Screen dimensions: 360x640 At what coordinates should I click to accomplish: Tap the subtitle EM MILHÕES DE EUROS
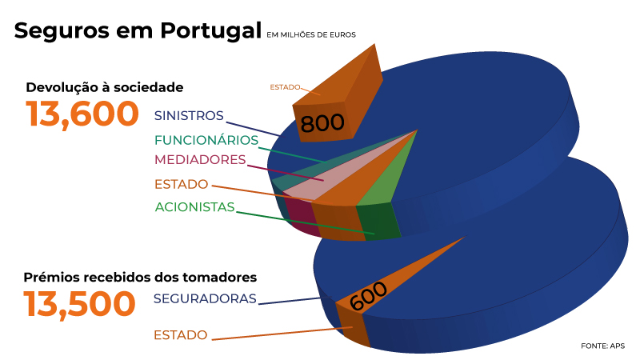point(311,34)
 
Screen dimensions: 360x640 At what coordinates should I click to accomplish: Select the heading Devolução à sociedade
point(105,87)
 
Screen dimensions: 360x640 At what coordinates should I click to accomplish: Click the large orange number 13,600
point(82,114)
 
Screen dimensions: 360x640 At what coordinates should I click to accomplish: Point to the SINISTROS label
point(189,115)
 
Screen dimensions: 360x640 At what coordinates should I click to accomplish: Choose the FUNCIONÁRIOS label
point(206,140)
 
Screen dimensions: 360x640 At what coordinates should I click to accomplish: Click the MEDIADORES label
point(199,159)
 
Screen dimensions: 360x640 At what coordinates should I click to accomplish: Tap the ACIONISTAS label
point(194,207)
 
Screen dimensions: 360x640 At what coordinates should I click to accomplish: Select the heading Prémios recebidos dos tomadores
point(140,278)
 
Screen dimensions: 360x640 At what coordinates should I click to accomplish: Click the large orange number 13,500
point(79,305)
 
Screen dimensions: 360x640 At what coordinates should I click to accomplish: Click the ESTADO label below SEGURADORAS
point(180,334)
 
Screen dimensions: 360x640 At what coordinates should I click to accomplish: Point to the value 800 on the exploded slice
point(322,123)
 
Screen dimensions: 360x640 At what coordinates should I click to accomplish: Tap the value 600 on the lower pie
point(369,297)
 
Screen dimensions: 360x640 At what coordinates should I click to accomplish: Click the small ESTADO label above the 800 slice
point(285,86)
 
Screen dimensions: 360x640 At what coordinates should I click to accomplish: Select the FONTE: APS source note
point(602,346)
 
